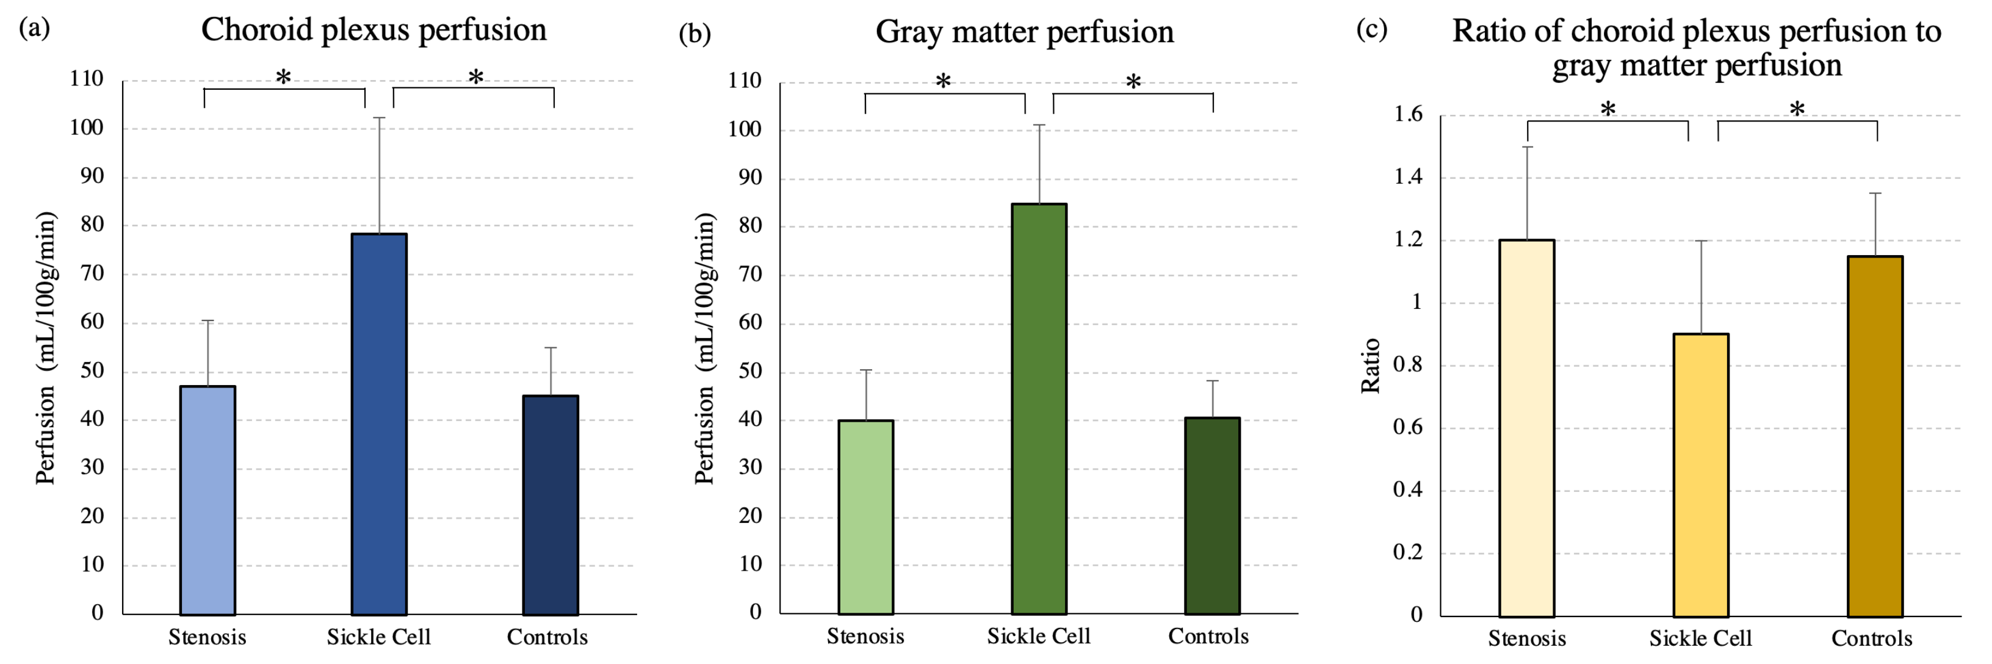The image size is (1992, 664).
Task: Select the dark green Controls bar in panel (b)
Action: pyautogui.click(x=1212, y=516)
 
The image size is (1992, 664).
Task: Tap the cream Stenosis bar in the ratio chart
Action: pyautogui.click(x=1526, y=428)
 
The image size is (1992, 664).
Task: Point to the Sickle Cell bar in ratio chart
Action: pyautogui.click(x=1700, y=475)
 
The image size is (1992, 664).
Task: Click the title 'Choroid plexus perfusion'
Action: pyautogui.click(x=374, y=30)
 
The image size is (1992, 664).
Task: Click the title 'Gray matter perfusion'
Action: pyautogui.click(x=1024, y=32)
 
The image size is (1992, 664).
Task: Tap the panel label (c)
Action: pyautogui.click(x=1371, y=29)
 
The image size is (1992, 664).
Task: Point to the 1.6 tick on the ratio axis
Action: pyautogui.click(x=1407, y=114)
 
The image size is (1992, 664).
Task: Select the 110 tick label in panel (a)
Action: pyautogui.click(x=86, y=79)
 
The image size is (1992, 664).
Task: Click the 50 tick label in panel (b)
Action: pyautogui.click(x=750, y=371)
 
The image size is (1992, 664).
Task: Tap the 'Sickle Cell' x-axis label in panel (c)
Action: pyautogui.click(x=1700, y=638)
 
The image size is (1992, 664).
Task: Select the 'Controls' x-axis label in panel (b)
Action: pyautogui.click(x=1208, y=636)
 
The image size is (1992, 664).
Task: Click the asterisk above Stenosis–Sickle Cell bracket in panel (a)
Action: pyautogui.click(x=284, y=78)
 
